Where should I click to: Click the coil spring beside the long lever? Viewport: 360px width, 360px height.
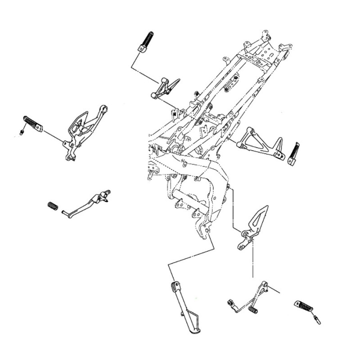click(x=53, y=206)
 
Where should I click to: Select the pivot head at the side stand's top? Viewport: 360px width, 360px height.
click(x=175, y=285)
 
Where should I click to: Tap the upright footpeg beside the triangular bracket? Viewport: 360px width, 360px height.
click(x=295, y=153)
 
